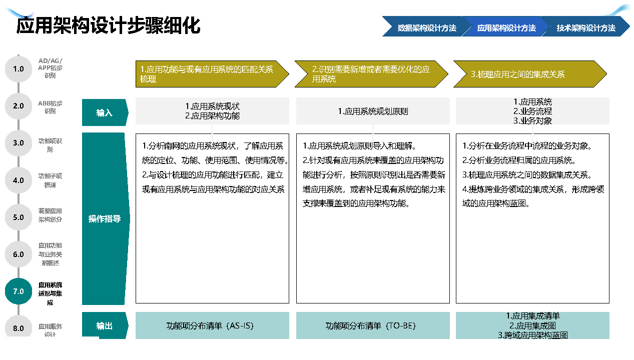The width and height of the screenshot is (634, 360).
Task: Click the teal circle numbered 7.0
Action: [x=19, y=291]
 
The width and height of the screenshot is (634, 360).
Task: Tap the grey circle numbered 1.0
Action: [x=19, y=68]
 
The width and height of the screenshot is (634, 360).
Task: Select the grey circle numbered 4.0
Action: [x=19, y=180]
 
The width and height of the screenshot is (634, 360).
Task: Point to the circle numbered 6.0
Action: [x=19, y=254]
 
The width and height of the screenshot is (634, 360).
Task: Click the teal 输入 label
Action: [x=105, y=112]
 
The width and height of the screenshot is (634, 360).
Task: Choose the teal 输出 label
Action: [x=105, y=325]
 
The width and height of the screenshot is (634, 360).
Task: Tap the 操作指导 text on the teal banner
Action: [x=105, y=218]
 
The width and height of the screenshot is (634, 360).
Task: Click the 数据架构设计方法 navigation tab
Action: [x=427, y=27]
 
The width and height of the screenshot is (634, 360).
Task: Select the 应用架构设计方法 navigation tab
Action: [x=506, y=27]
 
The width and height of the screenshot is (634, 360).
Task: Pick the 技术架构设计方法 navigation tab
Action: [x=586, y=27]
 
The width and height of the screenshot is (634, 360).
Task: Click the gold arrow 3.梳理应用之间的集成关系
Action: [x=530, y=74]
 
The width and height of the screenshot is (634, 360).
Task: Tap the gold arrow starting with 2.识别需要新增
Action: [x=371, y=74]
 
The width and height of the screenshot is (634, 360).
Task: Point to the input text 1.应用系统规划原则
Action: [x=373, y=111]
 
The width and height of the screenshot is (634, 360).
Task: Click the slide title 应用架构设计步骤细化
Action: [x=109, y=25]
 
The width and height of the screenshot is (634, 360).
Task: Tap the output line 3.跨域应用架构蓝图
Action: [x=533, y=335]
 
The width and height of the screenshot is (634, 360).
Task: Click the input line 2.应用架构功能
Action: [x=212, y=116]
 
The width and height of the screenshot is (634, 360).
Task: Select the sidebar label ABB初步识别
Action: [x=50, y=107]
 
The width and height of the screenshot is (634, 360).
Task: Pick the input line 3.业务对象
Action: [x=532, y=121]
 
